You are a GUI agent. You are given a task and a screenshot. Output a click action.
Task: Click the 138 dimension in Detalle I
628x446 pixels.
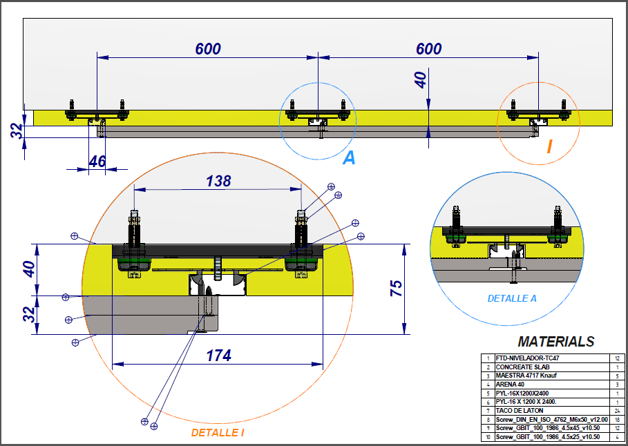coord(219,182)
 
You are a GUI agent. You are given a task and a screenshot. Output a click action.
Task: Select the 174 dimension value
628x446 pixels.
coord(218,356)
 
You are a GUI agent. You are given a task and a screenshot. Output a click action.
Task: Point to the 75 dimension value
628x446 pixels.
coord(396,289)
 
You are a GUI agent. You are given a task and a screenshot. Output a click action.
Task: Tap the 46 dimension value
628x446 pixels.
coord(97,162)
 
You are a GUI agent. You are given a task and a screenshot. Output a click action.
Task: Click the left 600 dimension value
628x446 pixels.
coord(208,49)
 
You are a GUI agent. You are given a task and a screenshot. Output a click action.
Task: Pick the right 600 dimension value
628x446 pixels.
coord(428,49)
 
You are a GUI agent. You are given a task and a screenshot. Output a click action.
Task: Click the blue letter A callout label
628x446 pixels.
coord(350,158)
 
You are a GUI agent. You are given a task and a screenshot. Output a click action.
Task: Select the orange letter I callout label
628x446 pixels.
coord(549,146)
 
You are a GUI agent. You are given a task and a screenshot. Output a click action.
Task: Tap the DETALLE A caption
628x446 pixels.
coord(512,298)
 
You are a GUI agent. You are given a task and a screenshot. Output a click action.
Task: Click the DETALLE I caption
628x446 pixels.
coord(218,433)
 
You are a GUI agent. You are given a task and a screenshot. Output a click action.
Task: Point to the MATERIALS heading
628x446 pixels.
coord(555,341)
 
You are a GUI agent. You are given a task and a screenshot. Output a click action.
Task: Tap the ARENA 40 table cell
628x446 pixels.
coord(511,385)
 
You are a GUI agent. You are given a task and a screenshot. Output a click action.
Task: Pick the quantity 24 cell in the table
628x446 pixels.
coord(617,410)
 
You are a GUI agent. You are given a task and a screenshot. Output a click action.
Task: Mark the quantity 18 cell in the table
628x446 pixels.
coord(617,419)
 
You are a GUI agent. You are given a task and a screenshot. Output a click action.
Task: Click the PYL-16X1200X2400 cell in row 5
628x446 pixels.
coord(522,393)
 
